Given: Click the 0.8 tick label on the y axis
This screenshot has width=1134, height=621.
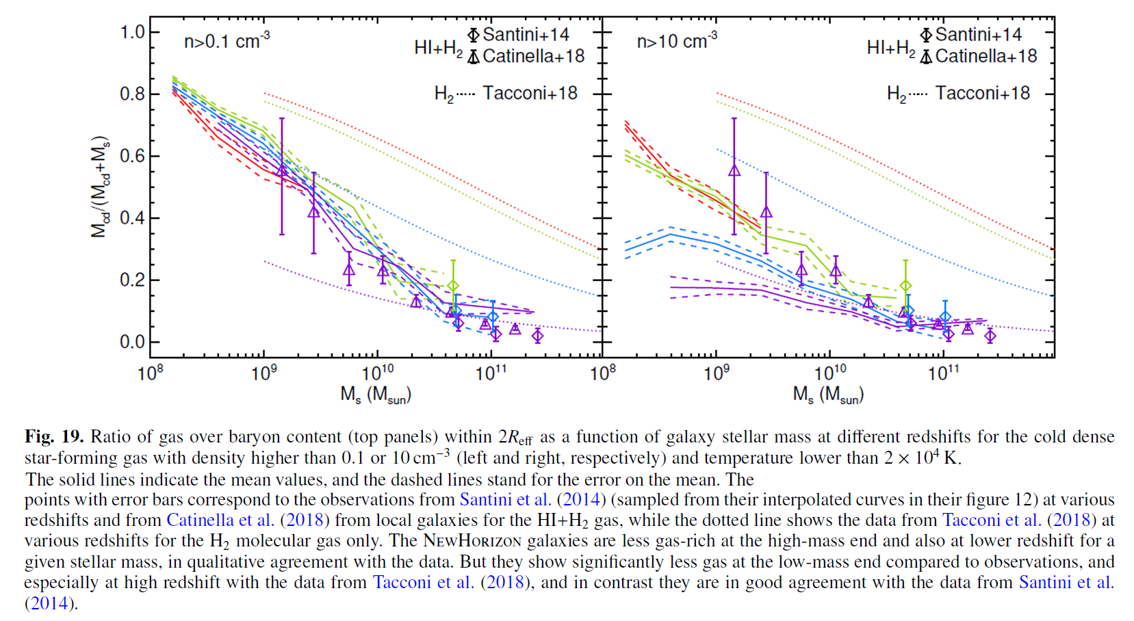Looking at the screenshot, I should pyautogui.click(x=132, y=94).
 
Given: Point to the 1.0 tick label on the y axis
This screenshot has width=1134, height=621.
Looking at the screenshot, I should pyautogui.click(x=132, y=32).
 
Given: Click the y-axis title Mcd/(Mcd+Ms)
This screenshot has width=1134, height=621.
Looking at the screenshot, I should pyautogui.click(x=101, y=186).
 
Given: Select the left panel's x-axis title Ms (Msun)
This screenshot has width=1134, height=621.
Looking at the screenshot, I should pyautogui.click(x=376, y=395).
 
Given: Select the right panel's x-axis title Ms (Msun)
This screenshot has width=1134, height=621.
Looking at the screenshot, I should pyautogui.click(x=828, y=395).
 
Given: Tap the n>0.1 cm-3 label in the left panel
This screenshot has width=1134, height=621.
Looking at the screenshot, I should pyautogui.click(x=227, y=41).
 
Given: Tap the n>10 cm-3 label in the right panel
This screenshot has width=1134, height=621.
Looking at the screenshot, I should pyautogui.click(x=677, y=41).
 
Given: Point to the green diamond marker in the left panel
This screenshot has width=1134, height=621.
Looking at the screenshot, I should pyautogui.click(x=453, y=286).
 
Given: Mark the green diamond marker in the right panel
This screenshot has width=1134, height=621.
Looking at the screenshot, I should pyautogui.click(x=905, y=286).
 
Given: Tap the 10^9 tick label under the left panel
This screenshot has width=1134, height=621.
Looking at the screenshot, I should pyautogui.click(x=264, y=373).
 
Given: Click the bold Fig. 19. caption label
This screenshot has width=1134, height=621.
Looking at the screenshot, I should pyautogui.click(x=54, y=436).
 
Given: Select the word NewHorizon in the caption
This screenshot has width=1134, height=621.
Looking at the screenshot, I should pyautogui.click(x=472, y=541).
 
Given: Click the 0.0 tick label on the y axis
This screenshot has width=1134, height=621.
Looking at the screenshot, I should pyautogui.click(x=132, y=342).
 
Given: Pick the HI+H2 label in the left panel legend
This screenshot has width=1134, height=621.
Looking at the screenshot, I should pyautogui.click(x=438, y=48).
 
